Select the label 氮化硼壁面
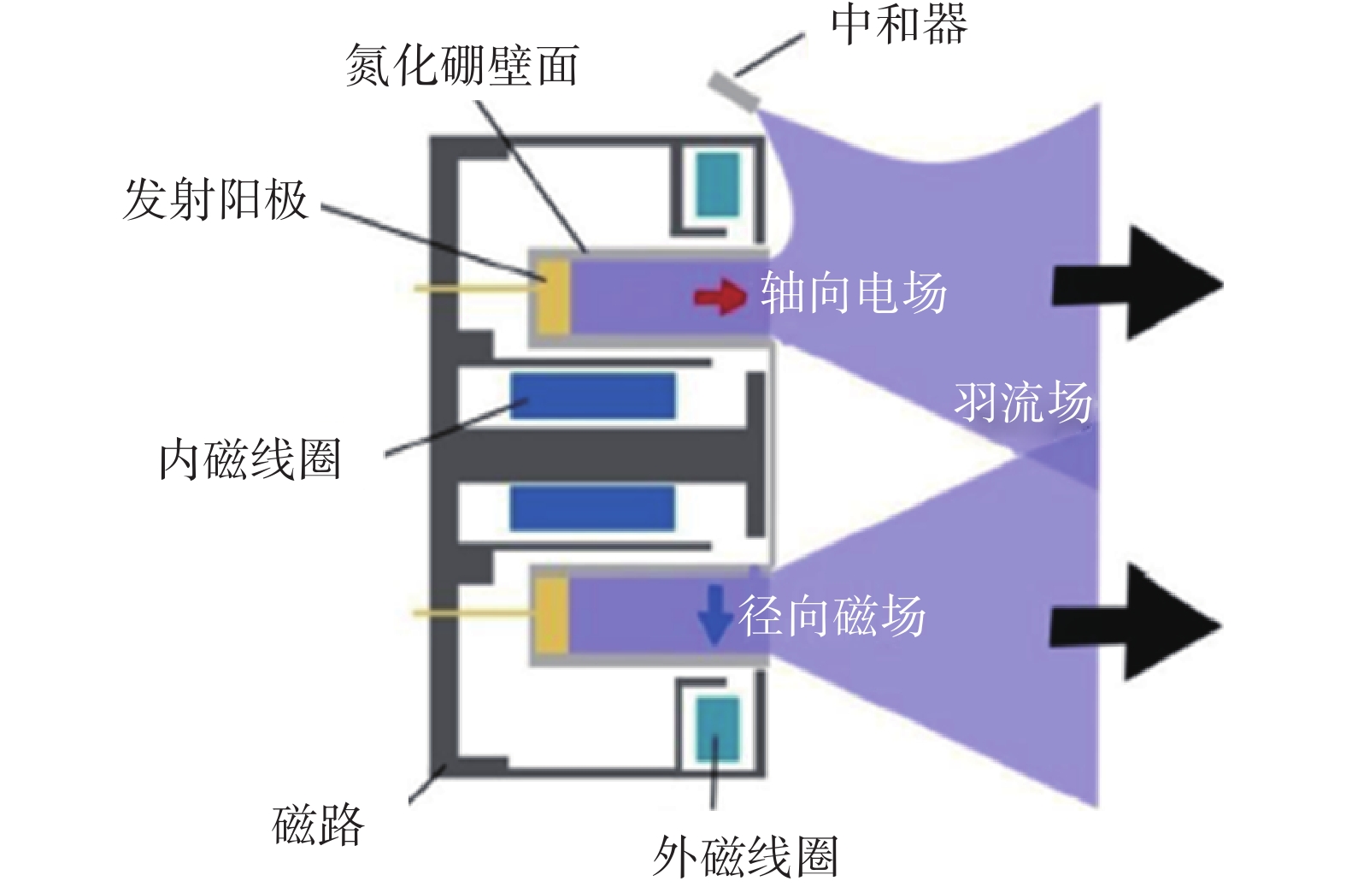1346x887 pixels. coord(462,65)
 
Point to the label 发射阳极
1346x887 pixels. coord(215,199)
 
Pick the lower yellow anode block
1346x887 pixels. coord(552,615)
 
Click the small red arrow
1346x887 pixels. coord(720,297)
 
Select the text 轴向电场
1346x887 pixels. coord(854,293)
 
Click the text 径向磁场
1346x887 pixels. coord(832,616)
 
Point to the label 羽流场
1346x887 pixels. coord(1023,402)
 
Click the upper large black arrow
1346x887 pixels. coord(1137,282)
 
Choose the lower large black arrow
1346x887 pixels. coord(1136,623)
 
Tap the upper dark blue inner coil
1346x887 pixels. coord(593,396)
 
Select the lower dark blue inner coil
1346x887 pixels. coord(592,509)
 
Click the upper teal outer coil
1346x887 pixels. coord(718,185)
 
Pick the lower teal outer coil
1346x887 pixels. coord(718,729)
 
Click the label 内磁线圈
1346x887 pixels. coord(250,459)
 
